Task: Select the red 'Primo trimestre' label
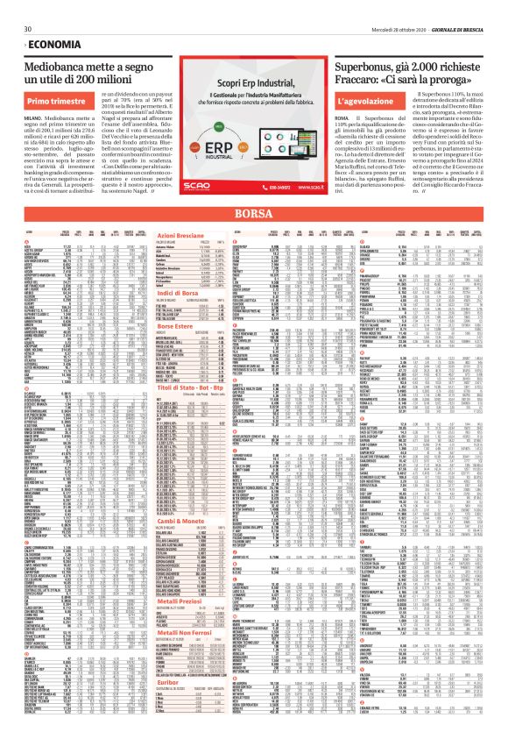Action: (x=58, y=102)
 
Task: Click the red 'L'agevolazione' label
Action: (x=367, y=102)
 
